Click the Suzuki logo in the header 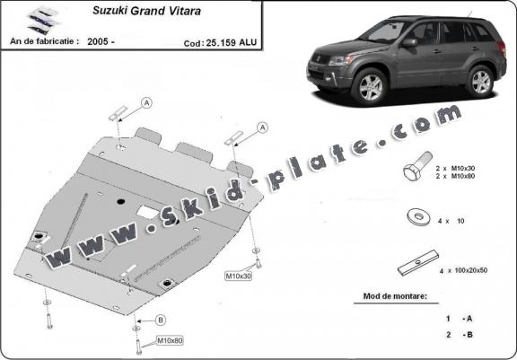(43, 21)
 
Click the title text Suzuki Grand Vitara (146, 11)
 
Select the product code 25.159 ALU (232, 43)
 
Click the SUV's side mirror (410, 43)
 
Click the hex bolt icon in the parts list (417, 165)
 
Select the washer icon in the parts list (419, 217)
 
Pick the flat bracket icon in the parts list (418, 263)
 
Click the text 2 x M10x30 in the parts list (455, 169)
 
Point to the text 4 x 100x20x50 (463, 270)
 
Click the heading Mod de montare (395, 296)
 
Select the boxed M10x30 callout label (239, 276)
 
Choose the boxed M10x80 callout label (170, 340)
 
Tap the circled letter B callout (161, 320)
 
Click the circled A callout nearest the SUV (262, 127)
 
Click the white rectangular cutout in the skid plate (147, 212)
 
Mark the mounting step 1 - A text (460, 319)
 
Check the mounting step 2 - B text (460, 335)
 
